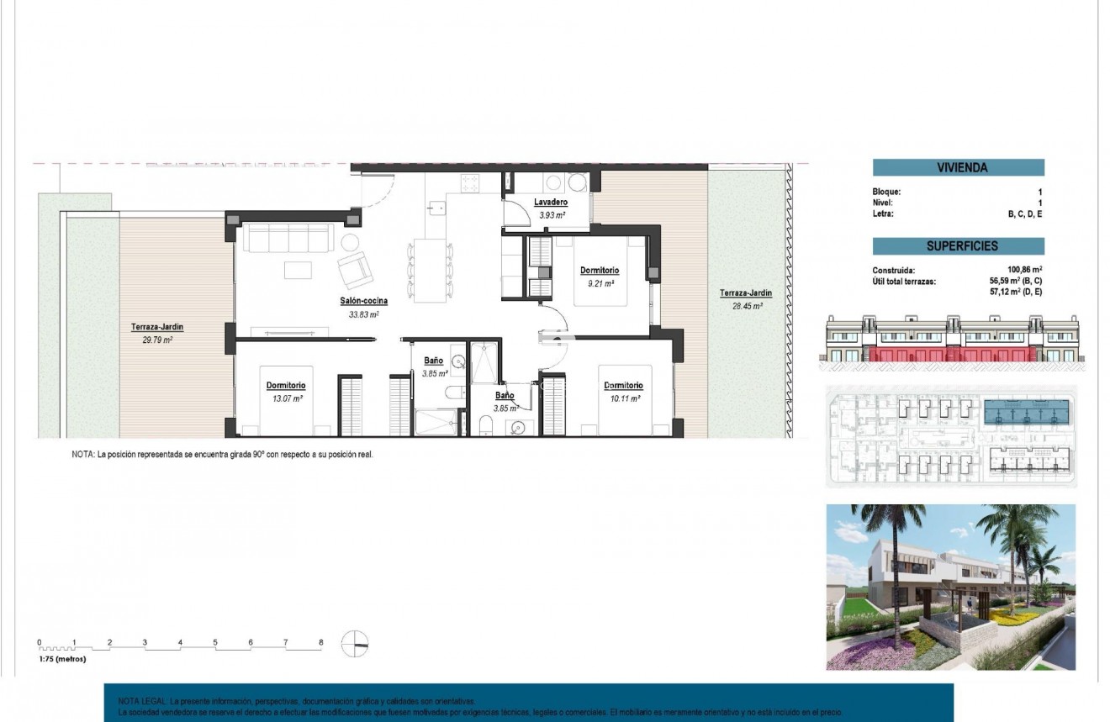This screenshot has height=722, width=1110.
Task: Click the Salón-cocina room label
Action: point(363,301)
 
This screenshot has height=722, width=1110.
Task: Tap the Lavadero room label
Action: point(551,203)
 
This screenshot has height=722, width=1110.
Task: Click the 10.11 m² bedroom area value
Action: point(622,399)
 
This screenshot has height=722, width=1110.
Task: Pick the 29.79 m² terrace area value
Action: point(157,341)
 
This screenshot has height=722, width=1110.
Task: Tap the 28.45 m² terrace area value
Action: point(745,307)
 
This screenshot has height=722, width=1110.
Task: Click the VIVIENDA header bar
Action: point(958,167)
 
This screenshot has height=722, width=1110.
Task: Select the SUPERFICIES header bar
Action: point(958,246)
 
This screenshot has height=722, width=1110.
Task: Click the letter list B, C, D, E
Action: point(1025,214)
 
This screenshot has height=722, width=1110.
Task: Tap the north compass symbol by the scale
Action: point(355,644)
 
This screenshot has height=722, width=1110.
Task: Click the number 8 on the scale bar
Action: point(320,642)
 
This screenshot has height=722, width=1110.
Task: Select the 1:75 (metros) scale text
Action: point(62,659)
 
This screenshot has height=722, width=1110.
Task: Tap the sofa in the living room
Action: point(288,238)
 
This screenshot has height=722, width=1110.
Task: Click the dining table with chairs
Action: point(430,270)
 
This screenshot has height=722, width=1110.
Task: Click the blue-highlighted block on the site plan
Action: point(1027,413)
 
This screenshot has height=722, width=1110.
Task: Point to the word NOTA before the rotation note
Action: point(82,455)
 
